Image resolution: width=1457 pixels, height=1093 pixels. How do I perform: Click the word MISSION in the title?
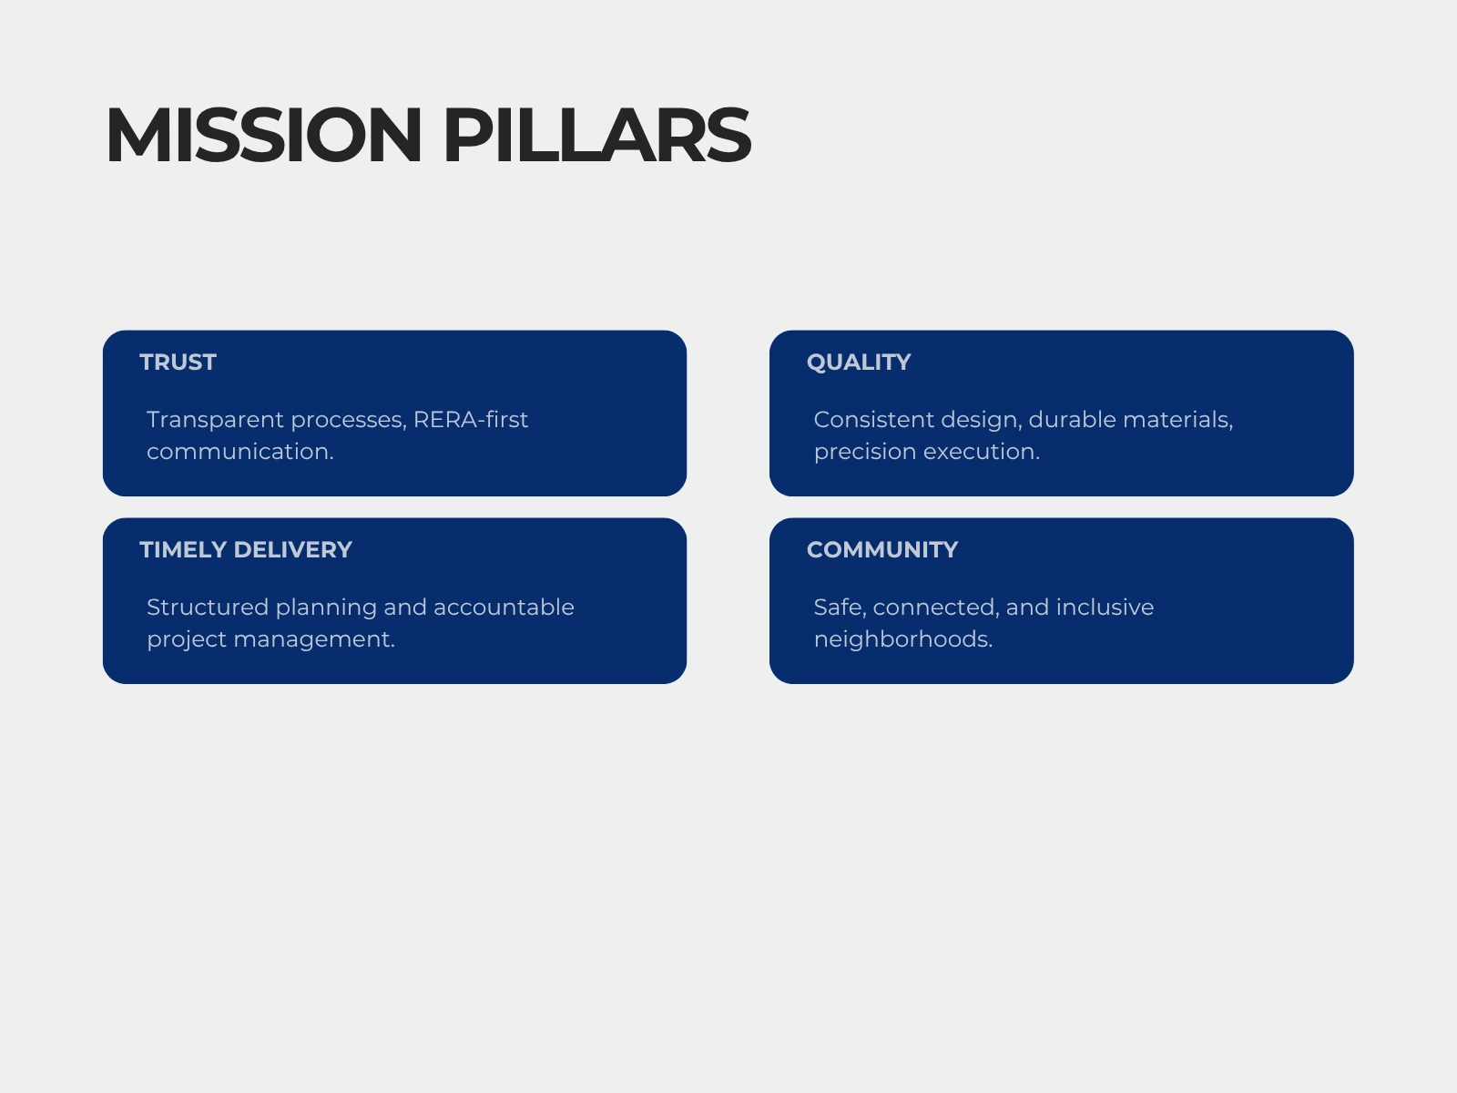coord(263,135)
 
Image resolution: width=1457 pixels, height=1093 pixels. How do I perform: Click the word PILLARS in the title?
coord(596,135)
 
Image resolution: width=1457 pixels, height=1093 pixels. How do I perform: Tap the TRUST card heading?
coord(178,363)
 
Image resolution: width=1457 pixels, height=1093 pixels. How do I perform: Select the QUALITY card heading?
coord(859,363)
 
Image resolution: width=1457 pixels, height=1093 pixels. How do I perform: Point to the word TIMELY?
coord(183,549)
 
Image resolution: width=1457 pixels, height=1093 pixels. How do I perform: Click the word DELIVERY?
coord(292,549)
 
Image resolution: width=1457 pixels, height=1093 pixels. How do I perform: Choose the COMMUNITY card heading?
coord(882,549)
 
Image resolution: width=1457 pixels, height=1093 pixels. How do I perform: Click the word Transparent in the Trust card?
coord(216,420)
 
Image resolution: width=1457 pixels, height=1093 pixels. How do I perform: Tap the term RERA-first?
coord(471,419)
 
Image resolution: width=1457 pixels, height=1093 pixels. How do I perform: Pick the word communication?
coord(240,451)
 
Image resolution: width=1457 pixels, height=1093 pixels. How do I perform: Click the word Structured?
coord(208,608)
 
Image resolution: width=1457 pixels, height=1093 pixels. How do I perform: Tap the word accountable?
coord(504,608)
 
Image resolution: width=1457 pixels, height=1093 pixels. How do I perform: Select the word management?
coord(315,640)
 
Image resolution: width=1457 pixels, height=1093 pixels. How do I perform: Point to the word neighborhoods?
coord(903,639)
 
